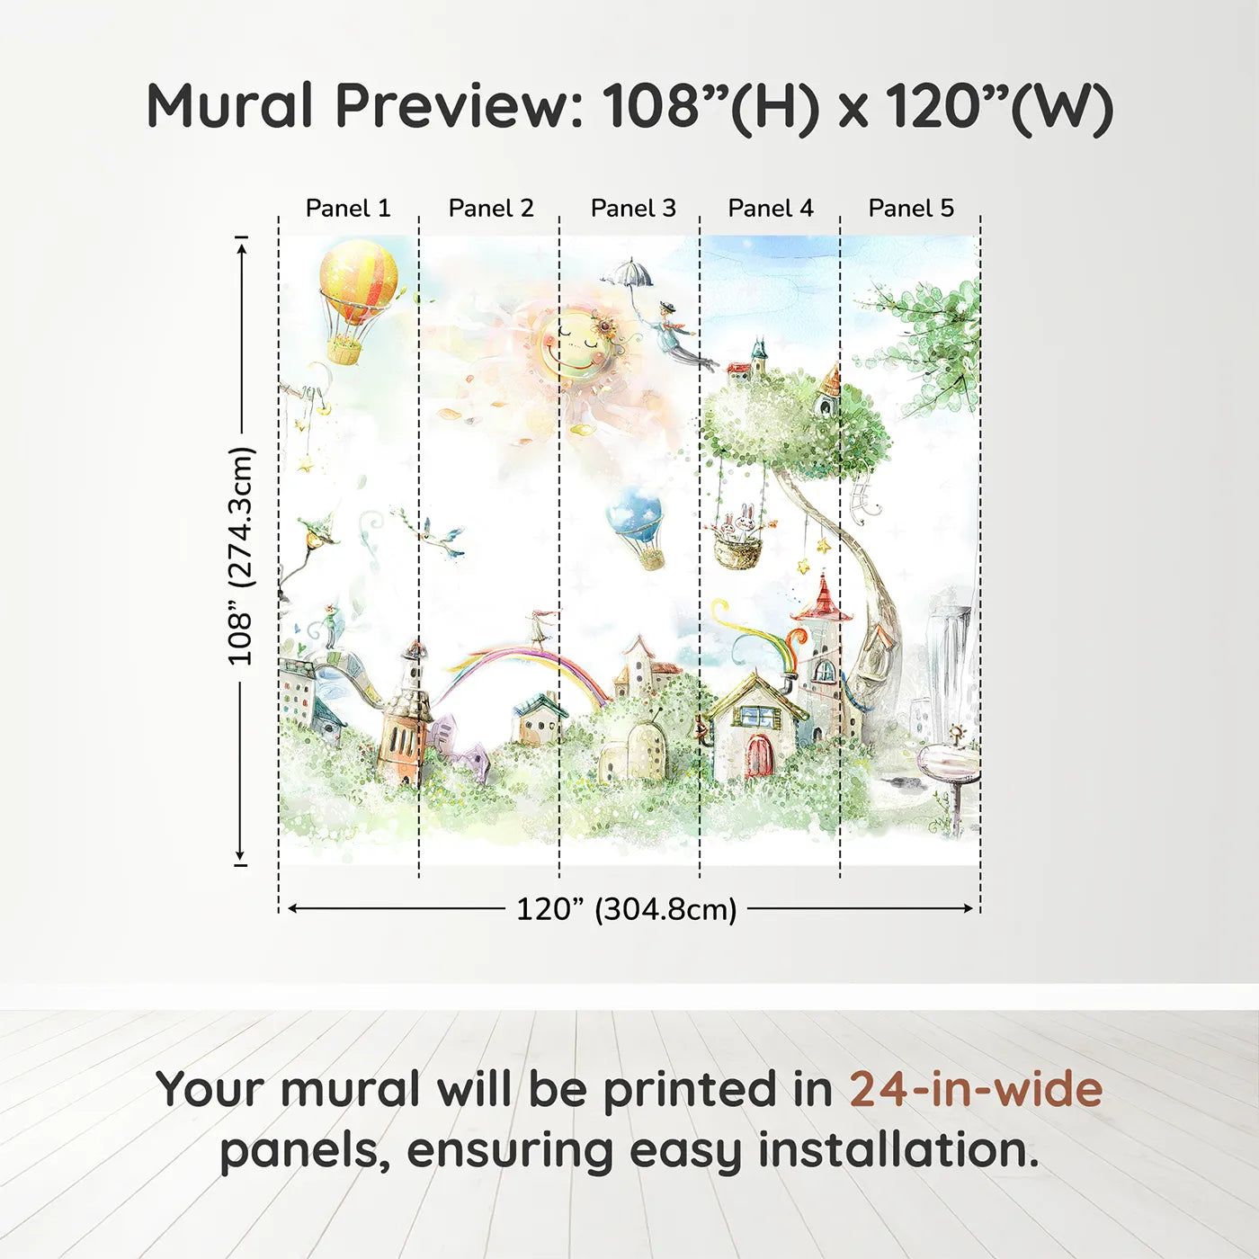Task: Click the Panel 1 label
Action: (348, 208)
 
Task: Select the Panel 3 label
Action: (633, 208)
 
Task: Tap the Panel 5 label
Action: (911, 208)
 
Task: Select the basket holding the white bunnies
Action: (737, 549)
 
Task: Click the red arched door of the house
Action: (759, 755)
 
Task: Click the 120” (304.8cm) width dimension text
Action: (626, 909)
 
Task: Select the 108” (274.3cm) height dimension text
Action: (240, 557)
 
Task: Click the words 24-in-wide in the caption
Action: (976, 1089)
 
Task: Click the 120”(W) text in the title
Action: (999, 107)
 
